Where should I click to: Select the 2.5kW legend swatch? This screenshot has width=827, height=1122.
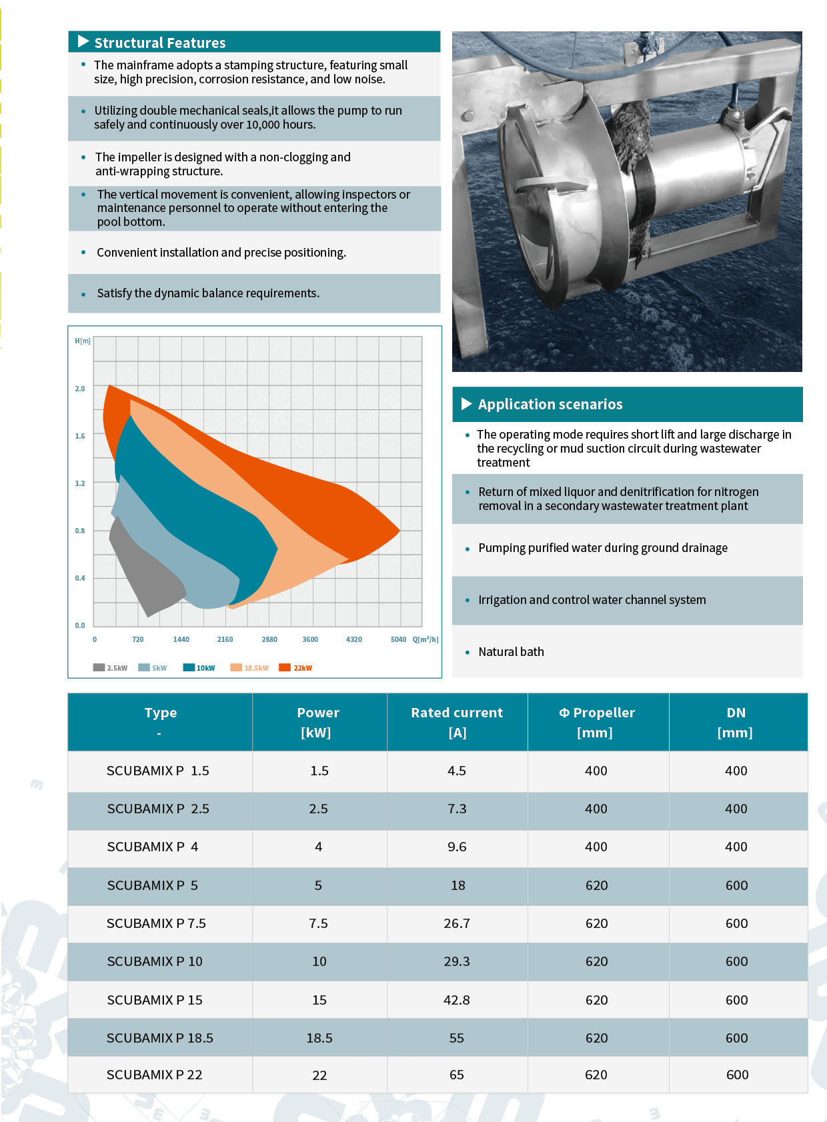(99, 667)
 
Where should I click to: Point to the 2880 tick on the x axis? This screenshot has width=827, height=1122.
(269, 639)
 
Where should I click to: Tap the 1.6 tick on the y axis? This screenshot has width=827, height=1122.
(80, 436)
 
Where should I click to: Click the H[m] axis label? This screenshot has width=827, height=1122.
(83, 341)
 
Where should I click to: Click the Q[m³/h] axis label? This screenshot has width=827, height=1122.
(426, 639)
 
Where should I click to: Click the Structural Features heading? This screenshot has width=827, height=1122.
(160, 43)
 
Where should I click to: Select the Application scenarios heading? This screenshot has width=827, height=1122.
(550, 404)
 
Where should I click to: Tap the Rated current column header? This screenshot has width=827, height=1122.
(457, 713)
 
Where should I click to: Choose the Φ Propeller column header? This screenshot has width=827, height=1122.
(597, 713)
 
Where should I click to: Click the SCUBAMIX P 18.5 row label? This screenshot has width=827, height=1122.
(160, 1038)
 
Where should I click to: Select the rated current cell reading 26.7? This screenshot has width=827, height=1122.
(457, 923)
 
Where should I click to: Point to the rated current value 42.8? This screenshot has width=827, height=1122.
(457, 1000)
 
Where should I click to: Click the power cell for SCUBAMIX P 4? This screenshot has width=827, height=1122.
(319, 847)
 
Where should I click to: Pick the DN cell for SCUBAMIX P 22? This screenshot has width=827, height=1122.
(737, 1075)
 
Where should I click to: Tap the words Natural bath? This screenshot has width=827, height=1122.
(511, 651)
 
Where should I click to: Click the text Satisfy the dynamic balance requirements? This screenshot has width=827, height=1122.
(208, 293)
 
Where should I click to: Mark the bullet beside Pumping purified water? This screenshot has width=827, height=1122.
(468, 549)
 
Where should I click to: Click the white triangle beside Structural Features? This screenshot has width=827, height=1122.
(83, 41)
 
